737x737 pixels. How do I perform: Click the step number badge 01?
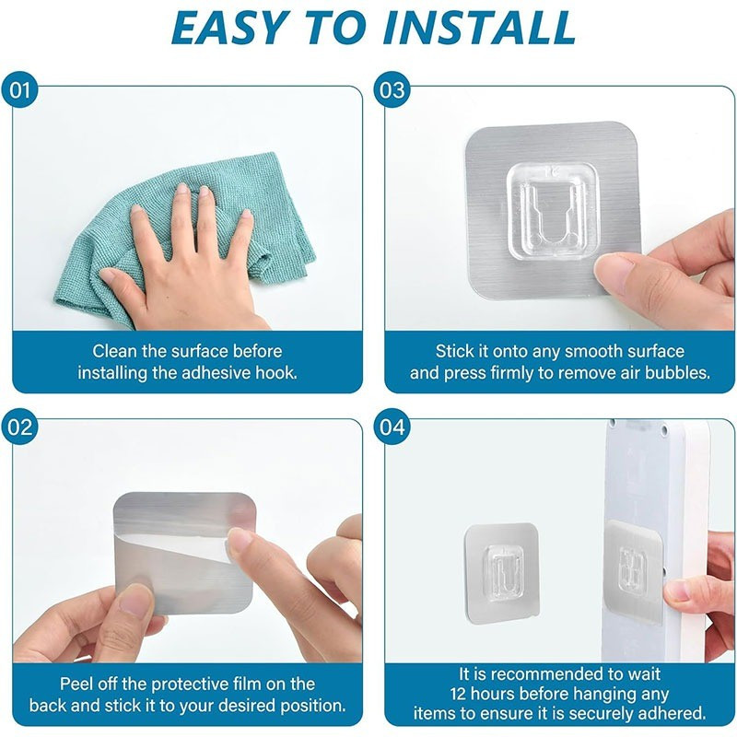[19, 89]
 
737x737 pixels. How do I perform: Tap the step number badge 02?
[19, 427]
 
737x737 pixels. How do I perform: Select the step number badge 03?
[392, 89]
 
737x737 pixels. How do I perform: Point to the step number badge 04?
[392, 427]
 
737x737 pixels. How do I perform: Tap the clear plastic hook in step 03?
[552, 211]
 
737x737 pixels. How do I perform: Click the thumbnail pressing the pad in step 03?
[610, 273]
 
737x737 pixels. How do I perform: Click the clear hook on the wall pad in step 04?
[503, 569]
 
